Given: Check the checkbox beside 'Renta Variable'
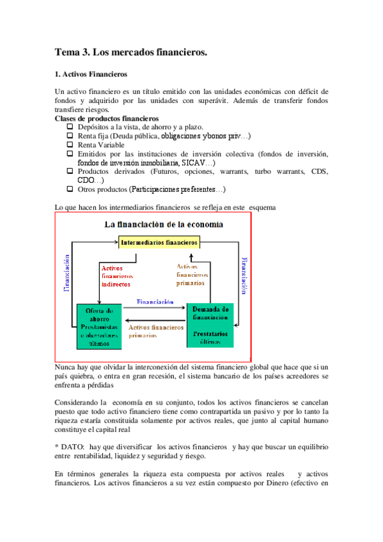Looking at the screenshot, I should click(x=70, y=145).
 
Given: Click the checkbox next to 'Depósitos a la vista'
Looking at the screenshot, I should click(x=70, y=127).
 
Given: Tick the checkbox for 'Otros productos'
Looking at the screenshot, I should click(x=70, y=189).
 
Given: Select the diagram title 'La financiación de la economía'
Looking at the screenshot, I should click(x=164, y=224).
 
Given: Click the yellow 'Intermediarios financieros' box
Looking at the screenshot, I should click(x=159, y=243).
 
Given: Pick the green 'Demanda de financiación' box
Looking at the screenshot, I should click(x=210, y=325).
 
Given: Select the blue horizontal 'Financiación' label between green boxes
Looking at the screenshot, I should click(x=155, y=302).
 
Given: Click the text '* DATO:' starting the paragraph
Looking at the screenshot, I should click(x=70, y=445).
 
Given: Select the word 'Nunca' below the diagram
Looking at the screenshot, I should click(x=66, y=367).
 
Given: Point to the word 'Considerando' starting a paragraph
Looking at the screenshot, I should click(x=79, y=403).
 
